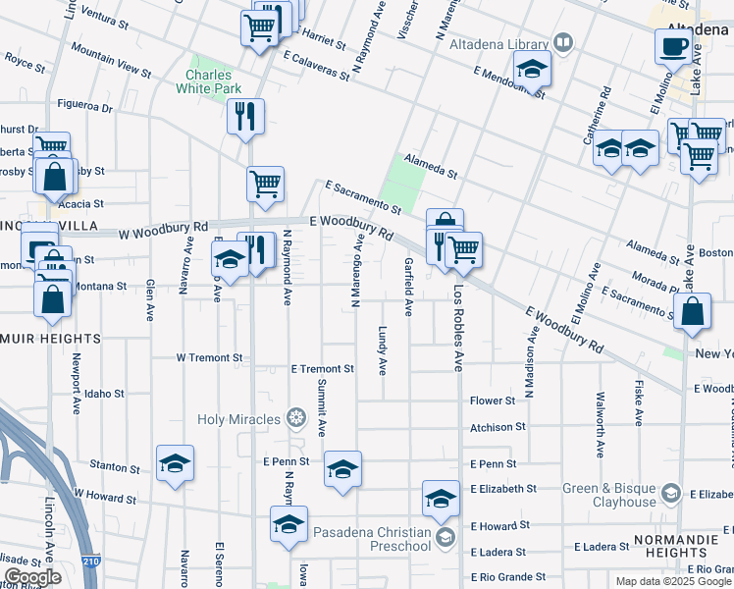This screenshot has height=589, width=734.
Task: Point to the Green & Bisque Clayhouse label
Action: [x=608, y=495]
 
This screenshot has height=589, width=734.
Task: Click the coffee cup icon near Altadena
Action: [x=673, y=45]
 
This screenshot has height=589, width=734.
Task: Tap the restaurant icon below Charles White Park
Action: [x=245, y=116]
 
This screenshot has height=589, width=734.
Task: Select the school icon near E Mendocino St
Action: [x=532, y=70]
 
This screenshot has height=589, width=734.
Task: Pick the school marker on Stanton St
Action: [x=175, y=463]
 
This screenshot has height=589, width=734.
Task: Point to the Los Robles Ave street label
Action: [x=457, y=328]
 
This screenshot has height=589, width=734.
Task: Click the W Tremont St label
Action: [x=209, y=358]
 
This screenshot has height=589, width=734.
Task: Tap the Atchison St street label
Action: [x=498, y=427]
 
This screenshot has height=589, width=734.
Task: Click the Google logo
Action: [x=33, y=578]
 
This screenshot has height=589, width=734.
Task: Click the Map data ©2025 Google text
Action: [x=672, y=581]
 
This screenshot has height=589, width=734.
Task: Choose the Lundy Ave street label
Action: [x=383, y=350]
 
